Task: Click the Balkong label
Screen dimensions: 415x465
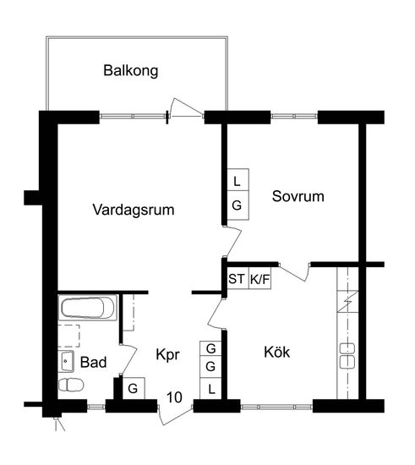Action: [x=131, y=71]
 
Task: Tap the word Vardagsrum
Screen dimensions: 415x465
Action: [x=134, y=210]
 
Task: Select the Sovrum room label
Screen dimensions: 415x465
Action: [x=298, y=196]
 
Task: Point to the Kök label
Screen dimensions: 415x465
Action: [x=277, y=352]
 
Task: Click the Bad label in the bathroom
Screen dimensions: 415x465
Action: [x=93, y=362]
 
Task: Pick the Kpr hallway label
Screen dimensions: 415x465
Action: [x=168, y=355]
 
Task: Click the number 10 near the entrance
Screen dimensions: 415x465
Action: [x=174, y=397]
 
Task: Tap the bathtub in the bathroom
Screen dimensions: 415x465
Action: [x=88, y=308]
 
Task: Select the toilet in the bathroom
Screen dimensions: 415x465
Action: [x=71, y=385]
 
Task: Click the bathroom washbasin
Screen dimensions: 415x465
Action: [x=66, y=361]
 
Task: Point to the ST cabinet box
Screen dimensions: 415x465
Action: [x=238, y=279]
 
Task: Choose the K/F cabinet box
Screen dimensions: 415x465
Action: [x=259, y=279]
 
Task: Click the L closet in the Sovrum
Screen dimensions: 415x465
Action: [x=238, y=180]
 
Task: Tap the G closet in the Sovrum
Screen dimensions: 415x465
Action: [x=238, y=205]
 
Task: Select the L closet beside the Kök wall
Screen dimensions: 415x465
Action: [x=210, y=389]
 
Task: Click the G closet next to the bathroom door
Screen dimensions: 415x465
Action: [x=134, y=388]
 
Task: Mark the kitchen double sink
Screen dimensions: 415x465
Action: [x=347, y=356]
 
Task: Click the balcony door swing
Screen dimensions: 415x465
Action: [x=186, y=107]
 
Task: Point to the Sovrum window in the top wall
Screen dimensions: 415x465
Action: [x=294, y=117]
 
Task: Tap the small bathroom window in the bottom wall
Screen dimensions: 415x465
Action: [x=96, y=407]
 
